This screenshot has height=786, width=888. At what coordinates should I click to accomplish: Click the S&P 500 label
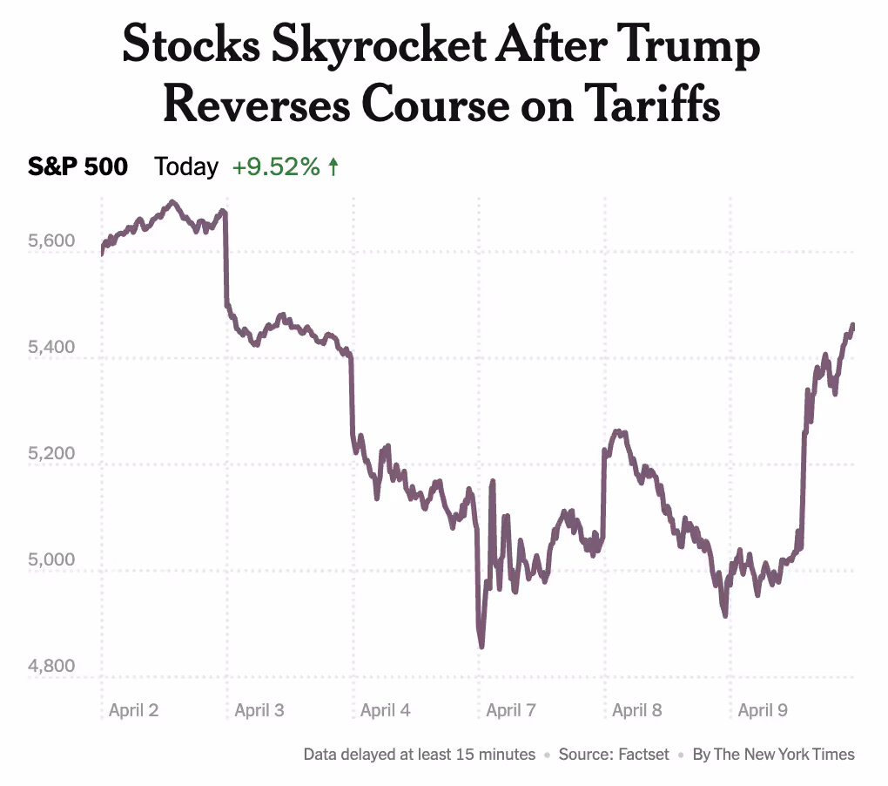(x=78, y=166)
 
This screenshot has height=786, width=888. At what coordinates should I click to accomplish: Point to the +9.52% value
(x=276, y=166)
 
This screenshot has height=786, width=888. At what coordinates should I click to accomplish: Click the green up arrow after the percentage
(x=333, y=166)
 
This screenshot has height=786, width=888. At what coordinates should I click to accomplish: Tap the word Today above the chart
(x=186, y=166)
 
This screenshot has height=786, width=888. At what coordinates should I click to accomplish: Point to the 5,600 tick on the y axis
(x=52, y=241)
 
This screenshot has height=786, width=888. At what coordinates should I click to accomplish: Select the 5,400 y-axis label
(x=52, y=348)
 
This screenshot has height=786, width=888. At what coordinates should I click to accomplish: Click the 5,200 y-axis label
(x=52, y=454)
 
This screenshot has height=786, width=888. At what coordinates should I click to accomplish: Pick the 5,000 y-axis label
(x=52, y=560)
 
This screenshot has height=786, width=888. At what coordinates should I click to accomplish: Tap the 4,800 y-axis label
(x=52, y=667)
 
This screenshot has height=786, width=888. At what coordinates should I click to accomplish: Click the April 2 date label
(x=133, y=710)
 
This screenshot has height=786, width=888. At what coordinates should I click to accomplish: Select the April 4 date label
(x=385, y=710)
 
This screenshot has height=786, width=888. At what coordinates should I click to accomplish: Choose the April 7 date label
(x=511, y=710)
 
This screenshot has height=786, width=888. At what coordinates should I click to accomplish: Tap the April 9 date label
(x=763, y=710)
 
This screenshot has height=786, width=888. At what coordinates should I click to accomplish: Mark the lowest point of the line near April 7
(x=481, y=646)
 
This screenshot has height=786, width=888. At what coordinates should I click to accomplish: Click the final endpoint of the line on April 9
(x=852, y=325)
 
